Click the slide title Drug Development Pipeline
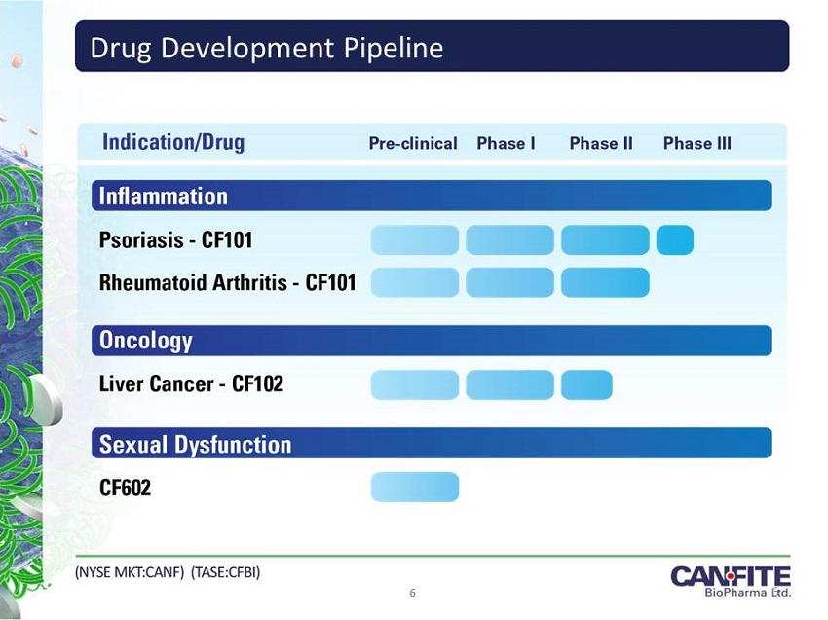pyautogui.click(x=267, y=48)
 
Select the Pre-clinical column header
pyautogui.click(x=413, y=143)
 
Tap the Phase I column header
pyautogui.click(x=506, y=143)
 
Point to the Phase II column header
pyautogui.click(x=601, y=143)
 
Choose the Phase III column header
pyautogui.click(x=697, y=143)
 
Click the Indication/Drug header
pyautogui.click(x=173, y=142)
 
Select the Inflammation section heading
pyautogui.click(x=164, y=197)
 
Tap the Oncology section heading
pyautogui.click(x=146, y=341)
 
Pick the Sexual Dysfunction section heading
pyautogui.click(x=196, y=444)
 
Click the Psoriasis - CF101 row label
pyautogui.click(x=176, y=240)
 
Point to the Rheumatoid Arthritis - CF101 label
pyautogui.click(x=228, y=282)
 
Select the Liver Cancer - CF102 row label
pyautogui.click(x=191, y=383)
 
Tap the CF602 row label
pyautogui.click(x=125, y=487)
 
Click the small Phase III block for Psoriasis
pyautogui.click(x=675, y=240)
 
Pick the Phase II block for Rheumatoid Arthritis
pyautogui.click(x=605, y=282)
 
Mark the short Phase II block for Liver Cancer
pyautogui.click(x=586, y=384)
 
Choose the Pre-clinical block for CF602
pyautogui.click(x=415, y=487)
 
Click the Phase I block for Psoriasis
pyautogui.click(x=510, y=240)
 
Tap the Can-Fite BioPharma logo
pyautogui.click(x=731, y=581)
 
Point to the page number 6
pyautogui.click(x=412, y=593)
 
